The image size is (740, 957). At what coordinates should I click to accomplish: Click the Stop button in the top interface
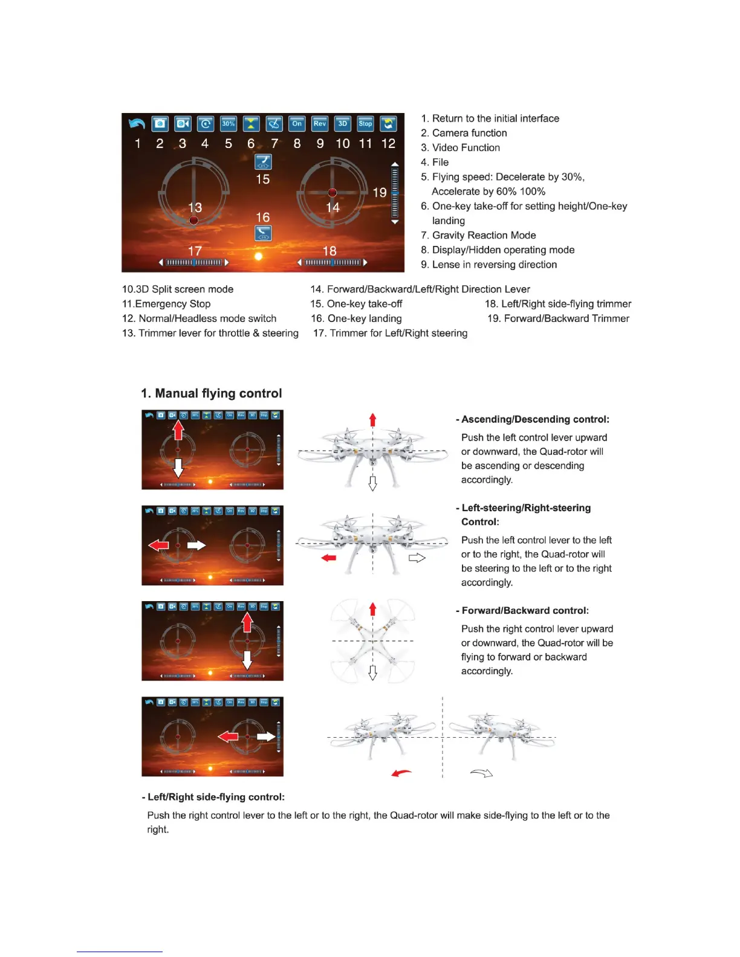point(365,123)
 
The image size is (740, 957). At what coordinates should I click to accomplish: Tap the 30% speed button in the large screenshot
point(229,123)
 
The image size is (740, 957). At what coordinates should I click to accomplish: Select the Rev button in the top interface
point(320,123)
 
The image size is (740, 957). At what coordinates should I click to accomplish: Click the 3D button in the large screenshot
point(343,123)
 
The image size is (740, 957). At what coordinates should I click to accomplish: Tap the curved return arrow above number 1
point(137,123)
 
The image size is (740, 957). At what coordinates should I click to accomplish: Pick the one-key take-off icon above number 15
point(263,162)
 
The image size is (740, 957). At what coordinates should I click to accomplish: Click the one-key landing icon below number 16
point(263,233)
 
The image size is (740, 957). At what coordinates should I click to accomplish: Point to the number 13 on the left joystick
point(195,207)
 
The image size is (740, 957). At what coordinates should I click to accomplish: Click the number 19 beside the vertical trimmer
point(379,193)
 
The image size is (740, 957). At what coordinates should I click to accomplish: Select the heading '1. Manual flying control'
point(212,393)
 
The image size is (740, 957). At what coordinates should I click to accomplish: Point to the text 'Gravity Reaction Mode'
point(484,235)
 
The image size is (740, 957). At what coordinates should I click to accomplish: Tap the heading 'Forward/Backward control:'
point(525,610)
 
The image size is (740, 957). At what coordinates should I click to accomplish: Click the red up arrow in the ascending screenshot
point(178,430)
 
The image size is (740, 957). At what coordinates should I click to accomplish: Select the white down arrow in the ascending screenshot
point(178,468)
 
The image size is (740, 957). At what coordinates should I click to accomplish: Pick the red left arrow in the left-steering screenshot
point(158,545)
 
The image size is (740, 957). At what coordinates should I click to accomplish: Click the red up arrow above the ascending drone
point(373,419)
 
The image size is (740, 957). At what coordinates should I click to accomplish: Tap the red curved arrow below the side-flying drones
point(401,773)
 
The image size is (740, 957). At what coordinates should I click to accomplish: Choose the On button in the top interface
point(297,123)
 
